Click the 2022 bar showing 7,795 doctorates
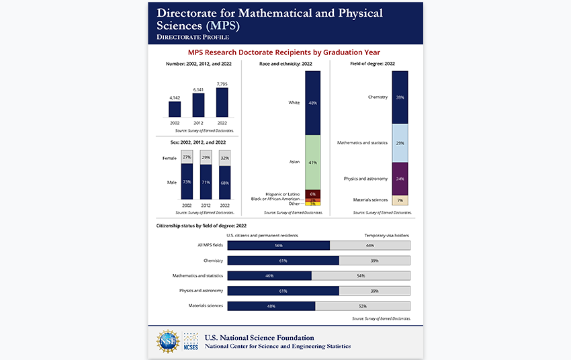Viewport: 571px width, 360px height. (222, 102)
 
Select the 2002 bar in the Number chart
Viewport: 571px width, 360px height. (175, 109)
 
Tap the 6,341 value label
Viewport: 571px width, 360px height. (198, 89)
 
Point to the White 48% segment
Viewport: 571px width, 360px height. (312, 103)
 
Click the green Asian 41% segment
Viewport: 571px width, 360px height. (312, 163)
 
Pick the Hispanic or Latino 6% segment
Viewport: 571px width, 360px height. (312, 194)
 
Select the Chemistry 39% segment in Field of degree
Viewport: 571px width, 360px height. (400, 97)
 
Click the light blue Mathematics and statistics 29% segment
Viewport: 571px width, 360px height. (400, 143)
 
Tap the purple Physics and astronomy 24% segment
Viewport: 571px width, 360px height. (400, 179)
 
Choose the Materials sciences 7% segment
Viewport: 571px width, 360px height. (400, 200)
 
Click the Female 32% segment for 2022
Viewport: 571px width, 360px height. (224, 159)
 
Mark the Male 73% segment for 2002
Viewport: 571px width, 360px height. (187, 182)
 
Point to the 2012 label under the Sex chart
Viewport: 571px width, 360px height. (206, 204)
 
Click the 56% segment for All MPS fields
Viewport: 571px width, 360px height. (279, 246)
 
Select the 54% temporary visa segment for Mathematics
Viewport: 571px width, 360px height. (361, 276)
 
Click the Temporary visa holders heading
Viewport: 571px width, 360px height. (386, 236)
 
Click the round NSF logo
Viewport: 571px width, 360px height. (168, 342)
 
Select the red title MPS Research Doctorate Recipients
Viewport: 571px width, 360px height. (285, 52)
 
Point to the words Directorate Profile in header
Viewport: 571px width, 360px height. (193, 36)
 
